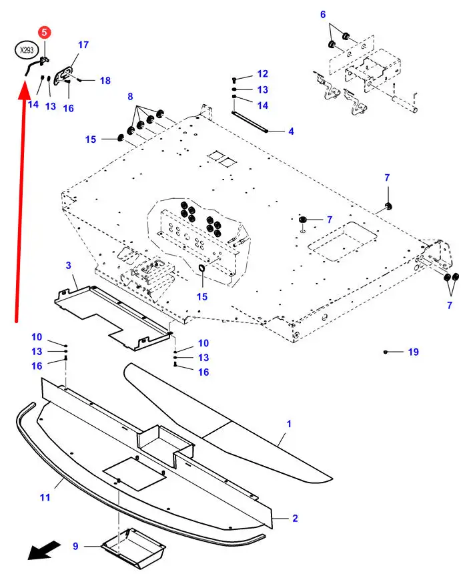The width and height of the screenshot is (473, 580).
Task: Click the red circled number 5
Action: tap(44, 32)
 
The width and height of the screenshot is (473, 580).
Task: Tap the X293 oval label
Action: tap(27, 50)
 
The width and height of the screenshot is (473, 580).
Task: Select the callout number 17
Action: tap(83, 45)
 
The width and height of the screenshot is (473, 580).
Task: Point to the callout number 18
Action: tap(105, 81)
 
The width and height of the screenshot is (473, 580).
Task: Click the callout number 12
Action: tap(263, 74)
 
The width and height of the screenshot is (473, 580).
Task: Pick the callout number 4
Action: tap(291, 131)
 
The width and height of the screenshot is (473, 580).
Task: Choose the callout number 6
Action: tap(323, 15)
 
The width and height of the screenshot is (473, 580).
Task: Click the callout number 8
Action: tap(130, 97)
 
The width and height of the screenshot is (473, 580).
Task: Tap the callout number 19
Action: tap(414, 352)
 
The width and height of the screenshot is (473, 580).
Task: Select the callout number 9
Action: tap(75, 546)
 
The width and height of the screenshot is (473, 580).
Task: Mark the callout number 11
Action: tap(45, 497)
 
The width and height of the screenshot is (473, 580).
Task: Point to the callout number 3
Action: tap(69, 266)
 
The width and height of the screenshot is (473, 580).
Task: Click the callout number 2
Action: tap(295, 518)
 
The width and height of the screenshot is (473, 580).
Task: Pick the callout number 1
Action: tap(289, 424)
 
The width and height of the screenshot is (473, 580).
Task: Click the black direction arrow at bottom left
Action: tap(45, 550)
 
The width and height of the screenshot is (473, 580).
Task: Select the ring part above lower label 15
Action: tap(202, 268)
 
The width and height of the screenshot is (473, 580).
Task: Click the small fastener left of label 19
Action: tap(386, 352)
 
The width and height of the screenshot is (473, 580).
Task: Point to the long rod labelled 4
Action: tap(250, 121)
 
